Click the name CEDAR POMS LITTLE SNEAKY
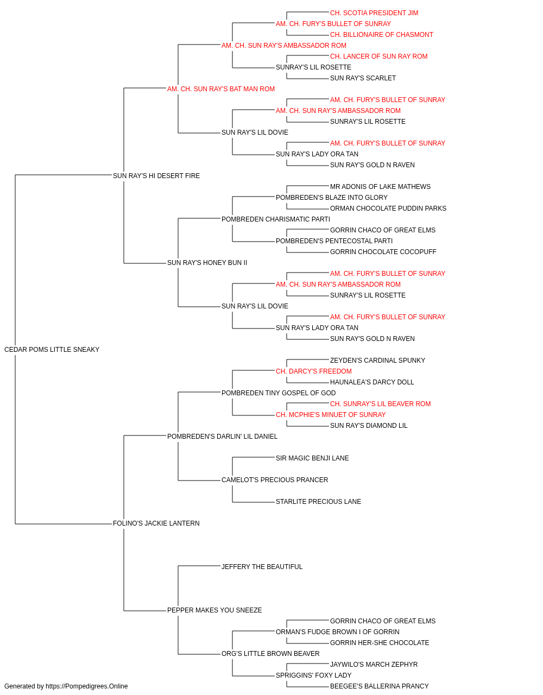click(x=52, y=350)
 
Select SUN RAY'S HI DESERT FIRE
click(x=156, y=176)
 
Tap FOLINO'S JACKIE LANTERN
click(x=156, y=523)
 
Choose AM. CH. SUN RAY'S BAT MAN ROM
click(x=221, y=89)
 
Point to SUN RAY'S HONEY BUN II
click(x=207, y=263)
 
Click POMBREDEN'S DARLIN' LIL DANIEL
click(x=222, y=436)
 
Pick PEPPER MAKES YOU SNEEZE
click(x=214, y=610)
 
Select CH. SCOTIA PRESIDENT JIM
click(x=374, y=13)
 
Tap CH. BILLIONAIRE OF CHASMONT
click(x=382, y=35)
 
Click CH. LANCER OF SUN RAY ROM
click(x=378, y=56)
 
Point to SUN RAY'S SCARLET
click(x=363, y=78)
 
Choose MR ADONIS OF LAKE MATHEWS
click(x=380, y=186)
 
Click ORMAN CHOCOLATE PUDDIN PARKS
click(x=388, y=208)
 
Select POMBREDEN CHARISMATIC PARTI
click(x=276, y=219)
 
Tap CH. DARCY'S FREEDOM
click(x=314, y=371)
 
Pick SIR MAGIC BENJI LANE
click(x=312, y=458)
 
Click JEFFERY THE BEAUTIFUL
click(x=262, y=567)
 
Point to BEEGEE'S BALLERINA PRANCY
click(x=379, y=686)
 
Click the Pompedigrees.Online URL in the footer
click(x=86, y=686)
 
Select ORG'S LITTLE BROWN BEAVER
click(x=270, y=653)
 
